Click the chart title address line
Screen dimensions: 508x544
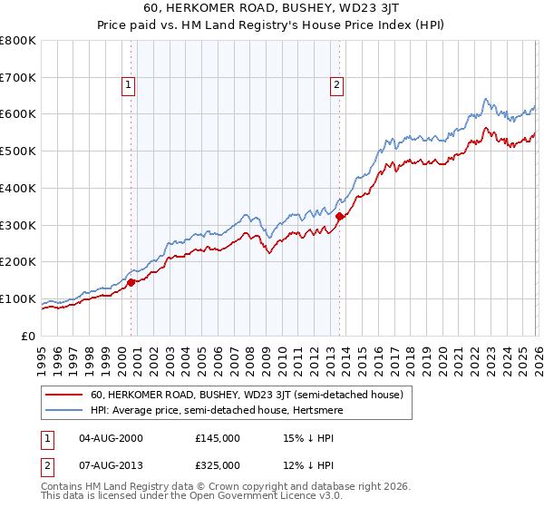(x=272, y=9)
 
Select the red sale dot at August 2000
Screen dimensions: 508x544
(x=131, y=282)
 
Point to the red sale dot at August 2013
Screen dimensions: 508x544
(x=339, y=216)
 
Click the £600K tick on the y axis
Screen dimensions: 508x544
(x=18, y=114)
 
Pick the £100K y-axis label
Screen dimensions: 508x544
(x=18, y=298)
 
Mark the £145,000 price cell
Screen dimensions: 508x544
(x=218, y=437)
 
